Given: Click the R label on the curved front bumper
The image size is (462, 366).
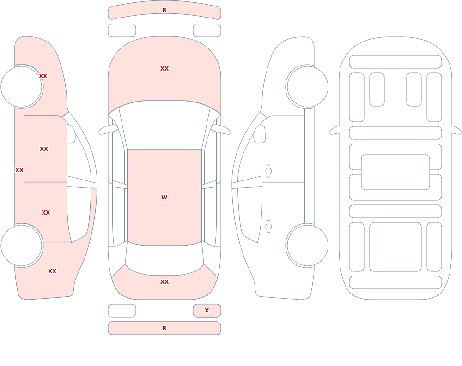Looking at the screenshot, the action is coord(164,10).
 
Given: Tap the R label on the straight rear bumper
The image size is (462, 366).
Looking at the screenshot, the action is coord(164,328).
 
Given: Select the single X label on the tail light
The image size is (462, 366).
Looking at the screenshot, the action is coord(207,310).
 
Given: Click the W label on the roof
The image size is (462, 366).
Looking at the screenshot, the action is coord(164,197).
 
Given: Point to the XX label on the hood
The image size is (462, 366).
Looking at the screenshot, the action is coord(164,69).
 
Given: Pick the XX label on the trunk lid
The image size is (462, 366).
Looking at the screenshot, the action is coord(164,282).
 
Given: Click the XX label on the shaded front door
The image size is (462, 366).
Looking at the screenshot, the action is coord(44,149).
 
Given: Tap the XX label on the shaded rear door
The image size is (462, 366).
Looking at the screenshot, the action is coord(46,213).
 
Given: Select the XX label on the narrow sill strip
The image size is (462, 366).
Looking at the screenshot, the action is coord(19,170).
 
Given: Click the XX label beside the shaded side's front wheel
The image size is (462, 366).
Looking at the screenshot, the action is coord(43,76).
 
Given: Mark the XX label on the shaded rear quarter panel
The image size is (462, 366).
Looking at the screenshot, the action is coord(52,271).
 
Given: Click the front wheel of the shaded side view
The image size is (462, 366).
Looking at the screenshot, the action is coord(22,87).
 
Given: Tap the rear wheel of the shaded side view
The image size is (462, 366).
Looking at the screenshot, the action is coord(22,246).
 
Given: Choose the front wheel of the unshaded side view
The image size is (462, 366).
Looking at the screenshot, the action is coord(307,87).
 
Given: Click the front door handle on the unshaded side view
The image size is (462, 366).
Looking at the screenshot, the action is coord(268,171).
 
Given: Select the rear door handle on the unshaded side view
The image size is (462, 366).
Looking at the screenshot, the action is coord(268,227).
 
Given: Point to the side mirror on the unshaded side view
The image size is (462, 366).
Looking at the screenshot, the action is coord(259,134).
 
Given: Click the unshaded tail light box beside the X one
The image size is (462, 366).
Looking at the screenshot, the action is coord(122,311).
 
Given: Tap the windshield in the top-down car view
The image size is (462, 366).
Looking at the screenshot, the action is coord(164,125).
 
